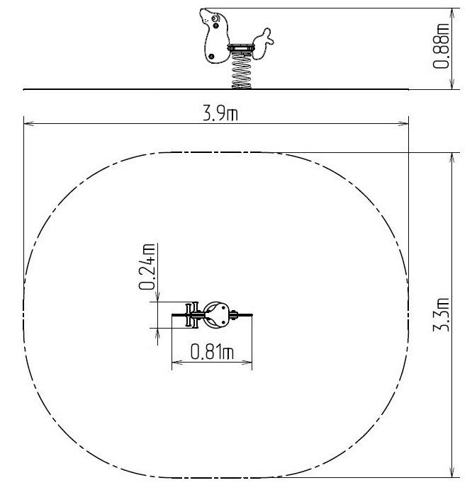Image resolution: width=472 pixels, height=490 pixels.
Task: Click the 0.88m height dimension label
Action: point(441,46)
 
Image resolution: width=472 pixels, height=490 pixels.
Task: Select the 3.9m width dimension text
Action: point(220,113)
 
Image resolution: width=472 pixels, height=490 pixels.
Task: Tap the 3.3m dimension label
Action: point(441,314)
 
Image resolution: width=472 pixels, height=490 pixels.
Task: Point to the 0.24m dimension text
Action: point(147,266)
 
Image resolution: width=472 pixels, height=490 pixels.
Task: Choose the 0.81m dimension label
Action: point(212,351)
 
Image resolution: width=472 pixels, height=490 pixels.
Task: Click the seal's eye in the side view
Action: point(215,19)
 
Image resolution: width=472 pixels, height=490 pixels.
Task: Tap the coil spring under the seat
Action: point(241,70)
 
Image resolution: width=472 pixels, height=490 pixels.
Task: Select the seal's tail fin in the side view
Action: point(263,43)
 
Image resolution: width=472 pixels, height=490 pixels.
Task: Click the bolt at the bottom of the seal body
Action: point(211,57)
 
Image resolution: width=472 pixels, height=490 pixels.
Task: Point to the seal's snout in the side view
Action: point(204,15)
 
